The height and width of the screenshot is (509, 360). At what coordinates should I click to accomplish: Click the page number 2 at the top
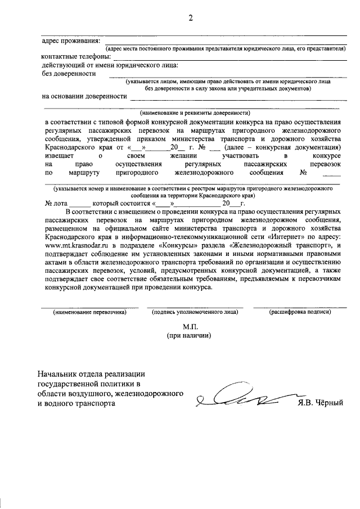[x=190, y=17]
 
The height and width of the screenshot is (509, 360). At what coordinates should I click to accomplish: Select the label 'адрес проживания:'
[x=71, y=41]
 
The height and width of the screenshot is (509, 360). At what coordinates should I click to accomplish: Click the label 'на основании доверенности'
[x=84, y=96]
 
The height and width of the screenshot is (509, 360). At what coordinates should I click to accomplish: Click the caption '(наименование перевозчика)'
[x=89, y=312]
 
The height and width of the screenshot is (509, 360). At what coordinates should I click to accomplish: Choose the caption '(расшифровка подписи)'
[x=299, y=312]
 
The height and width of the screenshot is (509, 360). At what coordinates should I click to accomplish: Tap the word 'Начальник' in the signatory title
[x=60, y=374]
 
